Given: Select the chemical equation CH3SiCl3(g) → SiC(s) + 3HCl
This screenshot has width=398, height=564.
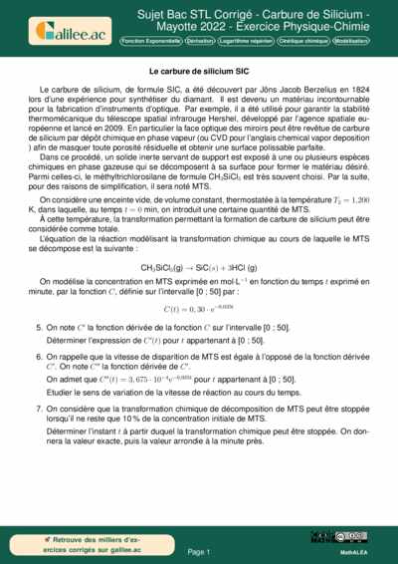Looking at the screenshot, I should [199, 267].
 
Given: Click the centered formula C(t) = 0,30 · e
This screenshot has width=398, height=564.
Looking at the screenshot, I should [199, 309].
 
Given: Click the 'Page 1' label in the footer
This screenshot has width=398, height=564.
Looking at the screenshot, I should [199, 550].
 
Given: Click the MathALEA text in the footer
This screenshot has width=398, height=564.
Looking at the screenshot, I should [355, 550].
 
